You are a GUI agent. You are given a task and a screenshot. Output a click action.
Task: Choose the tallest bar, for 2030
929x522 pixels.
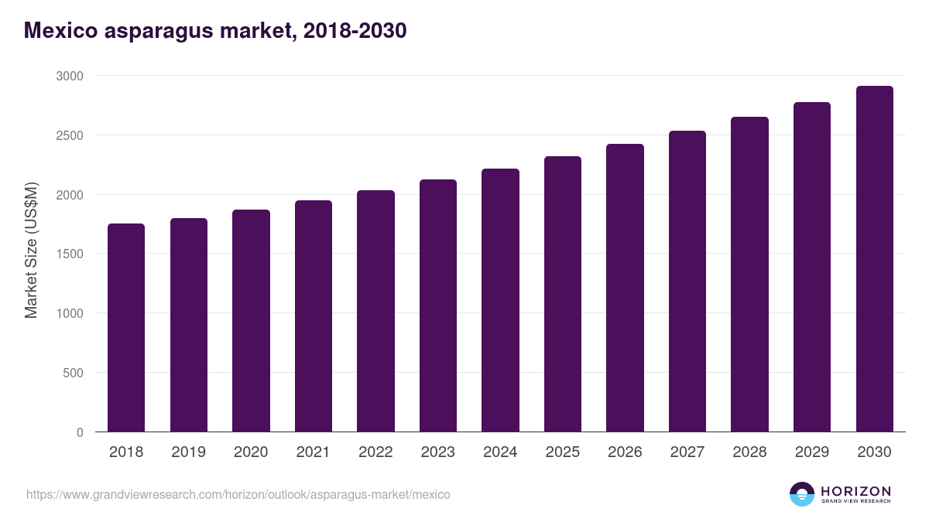(874, 258)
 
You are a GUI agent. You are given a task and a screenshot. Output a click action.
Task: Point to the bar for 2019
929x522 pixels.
(189, 325)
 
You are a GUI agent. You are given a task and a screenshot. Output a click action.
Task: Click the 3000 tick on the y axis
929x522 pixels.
(69, 76)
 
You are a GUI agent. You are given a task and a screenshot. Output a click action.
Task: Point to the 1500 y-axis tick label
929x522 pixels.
(69, 254)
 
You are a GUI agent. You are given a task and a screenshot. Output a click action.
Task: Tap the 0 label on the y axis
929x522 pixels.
(79, 432)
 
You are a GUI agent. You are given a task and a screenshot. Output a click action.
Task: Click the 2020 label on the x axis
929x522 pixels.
(251, 452)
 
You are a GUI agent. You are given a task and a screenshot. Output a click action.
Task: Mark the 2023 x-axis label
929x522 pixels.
(438, 452)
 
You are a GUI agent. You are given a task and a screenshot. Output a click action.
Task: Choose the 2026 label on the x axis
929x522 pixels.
(625, 452)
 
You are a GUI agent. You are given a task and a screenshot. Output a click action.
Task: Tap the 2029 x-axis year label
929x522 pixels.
(812, 452)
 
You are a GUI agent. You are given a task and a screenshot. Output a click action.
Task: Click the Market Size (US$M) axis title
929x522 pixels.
(31, 251)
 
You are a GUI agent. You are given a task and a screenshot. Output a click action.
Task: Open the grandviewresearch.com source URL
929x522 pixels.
(238, 494)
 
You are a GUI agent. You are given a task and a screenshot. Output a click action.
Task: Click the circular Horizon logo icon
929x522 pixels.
(802, 494)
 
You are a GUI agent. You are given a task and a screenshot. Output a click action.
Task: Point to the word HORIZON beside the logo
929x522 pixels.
(855, 490)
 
